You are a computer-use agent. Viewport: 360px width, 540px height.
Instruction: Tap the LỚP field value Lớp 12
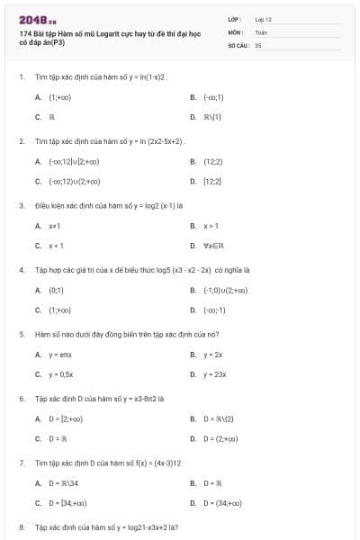tap(263, 18)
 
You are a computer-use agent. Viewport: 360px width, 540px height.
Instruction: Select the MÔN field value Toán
tap(261, 31)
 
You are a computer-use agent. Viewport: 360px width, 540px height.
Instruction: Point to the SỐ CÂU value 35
tap(258, 43)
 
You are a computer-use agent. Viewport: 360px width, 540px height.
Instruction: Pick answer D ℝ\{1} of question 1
tap(212, 117)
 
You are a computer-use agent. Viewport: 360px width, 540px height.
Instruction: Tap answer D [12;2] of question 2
tap(212, 182)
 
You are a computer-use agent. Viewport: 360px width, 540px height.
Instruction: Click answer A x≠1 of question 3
tap(54, 226)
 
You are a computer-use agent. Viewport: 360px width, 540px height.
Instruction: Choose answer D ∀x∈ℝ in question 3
tap(216, 246)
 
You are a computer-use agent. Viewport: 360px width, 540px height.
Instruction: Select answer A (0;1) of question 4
tap(56, 291)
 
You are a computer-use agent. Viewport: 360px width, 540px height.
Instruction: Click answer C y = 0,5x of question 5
tap(60, 374)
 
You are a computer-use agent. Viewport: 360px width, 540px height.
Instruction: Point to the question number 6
tap(22, 398)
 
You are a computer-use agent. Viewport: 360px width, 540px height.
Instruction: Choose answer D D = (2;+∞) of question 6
tap(220, 439)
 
